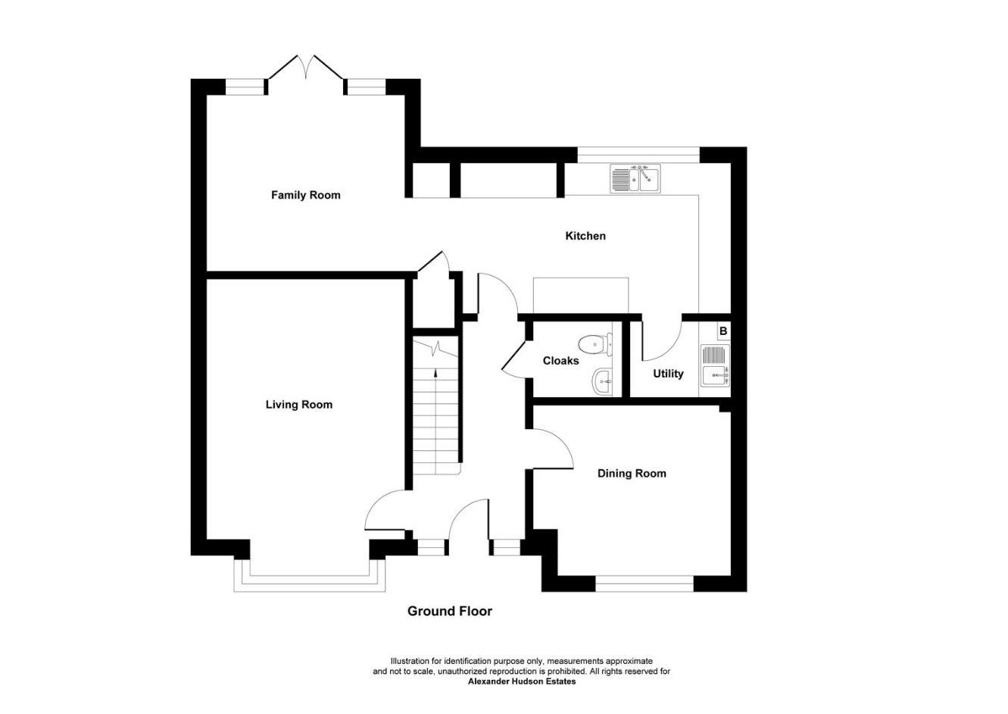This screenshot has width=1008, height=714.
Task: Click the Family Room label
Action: click(x=305, y=195)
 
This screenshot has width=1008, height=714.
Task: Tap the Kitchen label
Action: click(x=585, y=236)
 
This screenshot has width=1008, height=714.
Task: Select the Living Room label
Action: click(x=298, y=405)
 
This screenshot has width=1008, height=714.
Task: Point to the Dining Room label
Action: click(x=632, y=474)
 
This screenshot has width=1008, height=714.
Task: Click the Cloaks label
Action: click(x=560, y=361)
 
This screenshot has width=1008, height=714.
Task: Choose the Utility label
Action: click(x=668, y=374)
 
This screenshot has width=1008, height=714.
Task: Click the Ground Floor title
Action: click(x=449, y=611)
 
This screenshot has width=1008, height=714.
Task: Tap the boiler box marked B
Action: click(x=723, y=331)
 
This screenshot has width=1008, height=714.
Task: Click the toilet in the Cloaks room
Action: click(x=596, y=343)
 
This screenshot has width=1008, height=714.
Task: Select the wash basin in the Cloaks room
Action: click(x=603, y=380)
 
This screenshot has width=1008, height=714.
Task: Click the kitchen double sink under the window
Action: click(x=636, y=180)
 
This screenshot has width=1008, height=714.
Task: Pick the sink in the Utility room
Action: click(x=715, y=365)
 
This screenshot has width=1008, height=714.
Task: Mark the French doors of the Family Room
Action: click(x=306, y=68)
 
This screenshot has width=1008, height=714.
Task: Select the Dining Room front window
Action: click(x=644, y=584)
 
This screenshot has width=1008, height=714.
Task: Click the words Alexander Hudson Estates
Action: click(x=522, y=681)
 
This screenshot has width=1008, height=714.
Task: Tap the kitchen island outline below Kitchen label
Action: click(x=581, y=295)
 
